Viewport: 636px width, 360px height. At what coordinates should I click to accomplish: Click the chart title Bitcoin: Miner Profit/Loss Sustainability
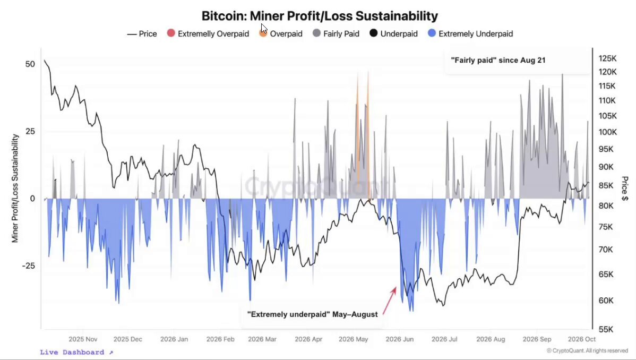coord(320,16)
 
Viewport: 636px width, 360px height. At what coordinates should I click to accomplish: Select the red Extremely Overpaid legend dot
coord(171,33)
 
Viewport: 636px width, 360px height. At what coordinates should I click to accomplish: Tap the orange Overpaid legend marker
coord(263,33)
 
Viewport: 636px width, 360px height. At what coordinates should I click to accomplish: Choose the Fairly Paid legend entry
coord(336,33)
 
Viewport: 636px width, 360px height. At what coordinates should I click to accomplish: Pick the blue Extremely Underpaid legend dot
coord(432,33)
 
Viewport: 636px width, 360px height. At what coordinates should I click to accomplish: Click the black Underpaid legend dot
coord(374,33)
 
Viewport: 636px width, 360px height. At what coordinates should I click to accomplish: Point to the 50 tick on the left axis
coord(30,64)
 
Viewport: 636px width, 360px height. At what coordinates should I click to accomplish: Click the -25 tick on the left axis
coord(28,266)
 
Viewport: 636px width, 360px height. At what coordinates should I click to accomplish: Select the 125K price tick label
coord(608,58)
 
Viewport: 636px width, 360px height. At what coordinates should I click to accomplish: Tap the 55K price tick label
coord(606,329)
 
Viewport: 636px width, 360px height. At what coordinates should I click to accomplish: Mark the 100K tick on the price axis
coord(608,132)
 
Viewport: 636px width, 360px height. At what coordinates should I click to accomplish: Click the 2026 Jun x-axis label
coord(400,339)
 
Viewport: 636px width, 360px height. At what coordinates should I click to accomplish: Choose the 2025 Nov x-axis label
coord(83,339)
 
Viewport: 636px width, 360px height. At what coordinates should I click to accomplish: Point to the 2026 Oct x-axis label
coord(582,339)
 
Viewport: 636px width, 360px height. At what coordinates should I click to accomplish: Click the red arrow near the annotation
coord(389,301)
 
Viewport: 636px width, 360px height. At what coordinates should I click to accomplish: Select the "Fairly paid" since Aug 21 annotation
coord(498,60)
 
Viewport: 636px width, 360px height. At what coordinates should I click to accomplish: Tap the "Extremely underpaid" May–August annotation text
coord(312,314)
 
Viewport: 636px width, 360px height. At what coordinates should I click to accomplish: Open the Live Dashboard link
coord(76,352)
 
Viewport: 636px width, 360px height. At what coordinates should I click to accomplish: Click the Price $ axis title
coord(625,188)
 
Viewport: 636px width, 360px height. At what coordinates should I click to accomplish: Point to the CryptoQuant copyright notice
coord(587,350)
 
